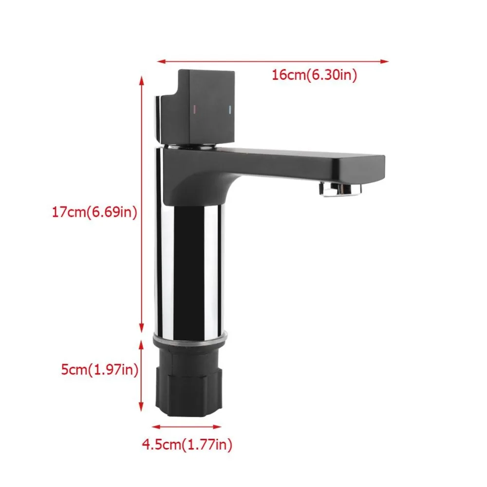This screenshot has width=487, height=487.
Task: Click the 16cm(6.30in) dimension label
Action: click(x=314, y=75)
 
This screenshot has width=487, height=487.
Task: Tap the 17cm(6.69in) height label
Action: click(x=94, y=212)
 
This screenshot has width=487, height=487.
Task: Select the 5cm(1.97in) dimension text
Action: click(x=99, y=370)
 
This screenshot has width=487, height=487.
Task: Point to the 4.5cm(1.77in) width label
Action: click(x=187, y=445)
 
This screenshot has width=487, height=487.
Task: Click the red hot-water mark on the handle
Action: click(x=195, y=109)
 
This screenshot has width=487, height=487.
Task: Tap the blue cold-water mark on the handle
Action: click(x=230, y=110)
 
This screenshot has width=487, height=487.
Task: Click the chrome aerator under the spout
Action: click(x=341, y=189)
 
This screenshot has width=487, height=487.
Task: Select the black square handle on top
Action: click(x=198, y=107)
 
